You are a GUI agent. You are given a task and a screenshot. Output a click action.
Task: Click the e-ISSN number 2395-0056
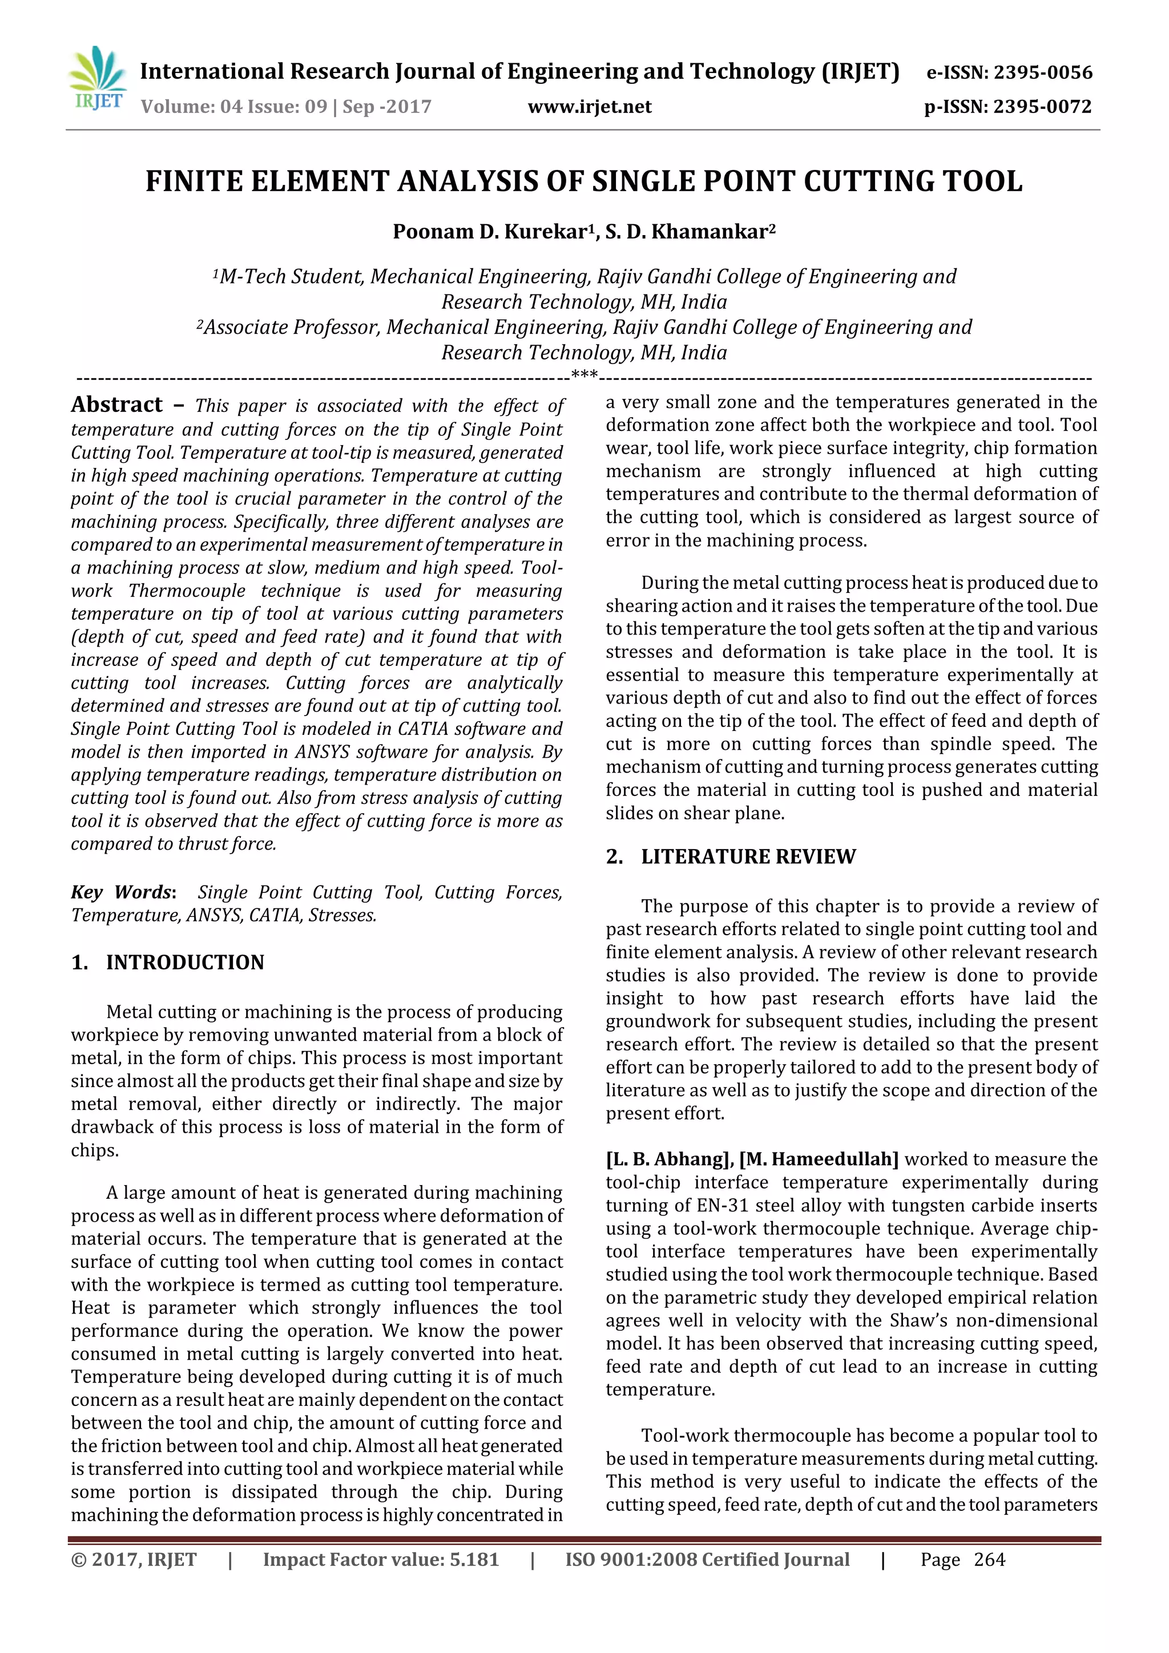[1042, 72]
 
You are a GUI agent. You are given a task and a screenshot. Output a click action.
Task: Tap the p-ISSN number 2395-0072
[1042, 107]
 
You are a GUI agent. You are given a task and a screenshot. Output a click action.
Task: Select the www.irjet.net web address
[589, 107]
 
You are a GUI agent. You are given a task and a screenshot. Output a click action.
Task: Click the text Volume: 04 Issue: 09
[234, 107]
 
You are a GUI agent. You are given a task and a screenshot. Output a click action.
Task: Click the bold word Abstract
[116, 405]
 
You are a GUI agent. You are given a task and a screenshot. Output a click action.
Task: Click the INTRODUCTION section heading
[185, 963]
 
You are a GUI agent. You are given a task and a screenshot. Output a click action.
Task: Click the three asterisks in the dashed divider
[583, 374]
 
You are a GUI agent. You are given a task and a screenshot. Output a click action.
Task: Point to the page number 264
[989, 1560]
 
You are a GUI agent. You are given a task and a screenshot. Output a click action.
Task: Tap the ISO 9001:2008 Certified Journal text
[707, 1560]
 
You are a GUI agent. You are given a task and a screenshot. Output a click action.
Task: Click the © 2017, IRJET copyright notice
[134, 1560]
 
